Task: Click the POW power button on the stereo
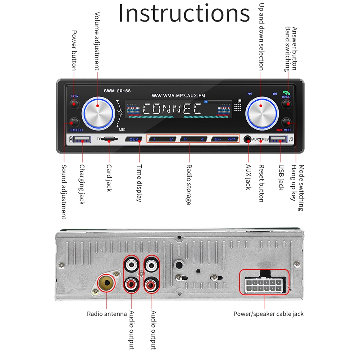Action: (x=74, y=104)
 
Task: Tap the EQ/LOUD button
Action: (x=74, y=122)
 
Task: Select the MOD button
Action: (x=287, y=122)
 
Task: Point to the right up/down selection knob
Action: (x=262, y=112)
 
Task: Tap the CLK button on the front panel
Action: (x=133, y=139)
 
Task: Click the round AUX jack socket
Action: (x=247, y=139)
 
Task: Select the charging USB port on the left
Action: (x=82, y=139)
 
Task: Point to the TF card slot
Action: (x=109, y=139)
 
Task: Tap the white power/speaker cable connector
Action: (x=264, y=287)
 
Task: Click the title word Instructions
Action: (x=184, y=14)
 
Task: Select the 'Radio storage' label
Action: (x=188, y=185)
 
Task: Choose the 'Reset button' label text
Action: (x=261, y=183)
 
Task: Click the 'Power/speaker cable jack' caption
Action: (x=268, y=314)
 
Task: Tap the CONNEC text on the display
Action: (x=172, y=109)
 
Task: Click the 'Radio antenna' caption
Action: (x=107, y=314)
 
